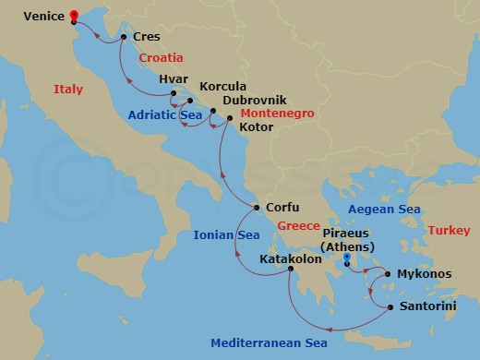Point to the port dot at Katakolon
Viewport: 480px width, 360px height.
click(x=290, y=269)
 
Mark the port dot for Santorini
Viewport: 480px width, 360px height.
click(x=390, y=306)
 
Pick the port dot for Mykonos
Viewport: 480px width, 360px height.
click(x=387, y=274)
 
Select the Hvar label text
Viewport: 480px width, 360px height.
click(x=174, y=80)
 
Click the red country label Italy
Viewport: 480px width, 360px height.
click(x=68, y=90)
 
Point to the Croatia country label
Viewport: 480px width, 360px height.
click(x=162, y=57)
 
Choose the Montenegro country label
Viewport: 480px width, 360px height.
click(x=277, y=113)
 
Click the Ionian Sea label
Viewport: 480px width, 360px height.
click(x=226, y=235)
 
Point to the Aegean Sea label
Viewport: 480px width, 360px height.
click(x=385, y=210)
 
